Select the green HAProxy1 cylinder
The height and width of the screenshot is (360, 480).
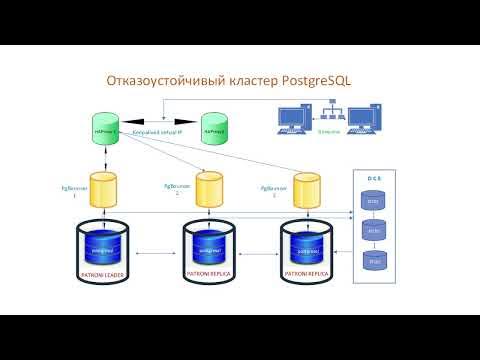pos(107,130)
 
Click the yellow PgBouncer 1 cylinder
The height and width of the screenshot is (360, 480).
pos(105,190)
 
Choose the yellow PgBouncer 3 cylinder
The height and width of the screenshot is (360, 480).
pos(306,190)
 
